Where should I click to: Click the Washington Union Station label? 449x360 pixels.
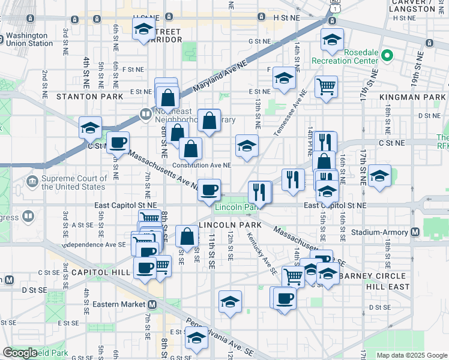pos(30,39)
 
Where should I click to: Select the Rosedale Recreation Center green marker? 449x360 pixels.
pos(387,57)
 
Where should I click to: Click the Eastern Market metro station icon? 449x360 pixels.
pos(152,304)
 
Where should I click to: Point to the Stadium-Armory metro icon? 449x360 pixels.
pos(415,232)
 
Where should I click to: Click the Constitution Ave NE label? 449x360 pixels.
pos(201,165)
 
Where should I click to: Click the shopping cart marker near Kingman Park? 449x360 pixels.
pos(326,86)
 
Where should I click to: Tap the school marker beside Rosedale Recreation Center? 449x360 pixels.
pos(332,40)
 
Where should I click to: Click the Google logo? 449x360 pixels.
pos(20,353)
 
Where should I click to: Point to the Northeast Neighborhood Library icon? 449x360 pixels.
pos(145,113)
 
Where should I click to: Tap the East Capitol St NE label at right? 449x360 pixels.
pos(335,205)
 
